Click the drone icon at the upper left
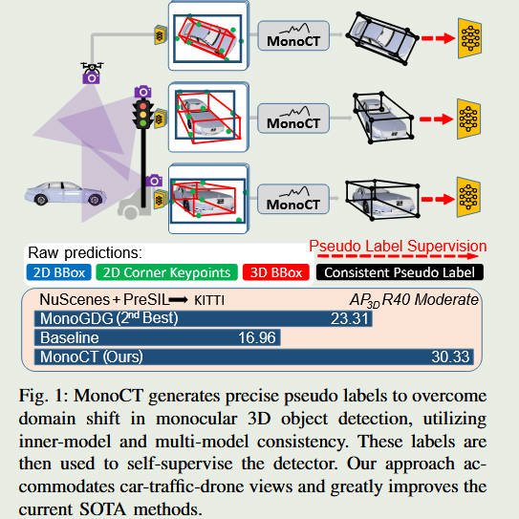(x=91, y=73)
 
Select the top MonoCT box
(x=292, y=38)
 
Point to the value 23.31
(x=351, y=319)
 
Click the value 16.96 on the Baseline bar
(x=257, y=338)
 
